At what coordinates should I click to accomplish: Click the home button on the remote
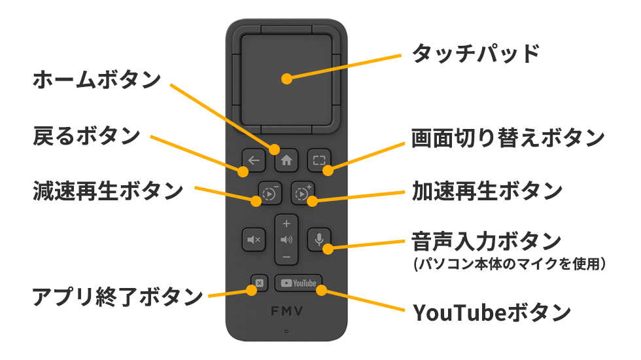click(x=286, y=159)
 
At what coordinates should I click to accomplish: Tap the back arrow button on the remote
click(x=253, y=159)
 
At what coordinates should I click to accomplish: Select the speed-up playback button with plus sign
click(x=302, y=193)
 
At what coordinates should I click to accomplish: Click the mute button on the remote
click(x=253, y=240)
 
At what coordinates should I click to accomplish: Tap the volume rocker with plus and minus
click(x=286, y=240)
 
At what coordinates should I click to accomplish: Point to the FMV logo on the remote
click(x=286, y=311)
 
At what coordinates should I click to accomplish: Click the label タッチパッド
click(x=476, y=53)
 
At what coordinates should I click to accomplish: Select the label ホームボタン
click(x=96, y=80)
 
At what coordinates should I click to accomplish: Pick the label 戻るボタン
click(x=86, y=135)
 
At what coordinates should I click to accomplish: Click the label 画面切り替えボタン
click(x=507, y=137)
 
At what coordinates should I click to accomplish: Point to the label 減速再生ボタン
click(x=108, y=191)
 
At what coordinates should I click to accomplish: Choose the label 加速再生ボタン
click(x=487, y=191)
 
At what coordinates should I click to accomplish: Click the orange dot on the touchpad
click(x=286, y=79)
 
